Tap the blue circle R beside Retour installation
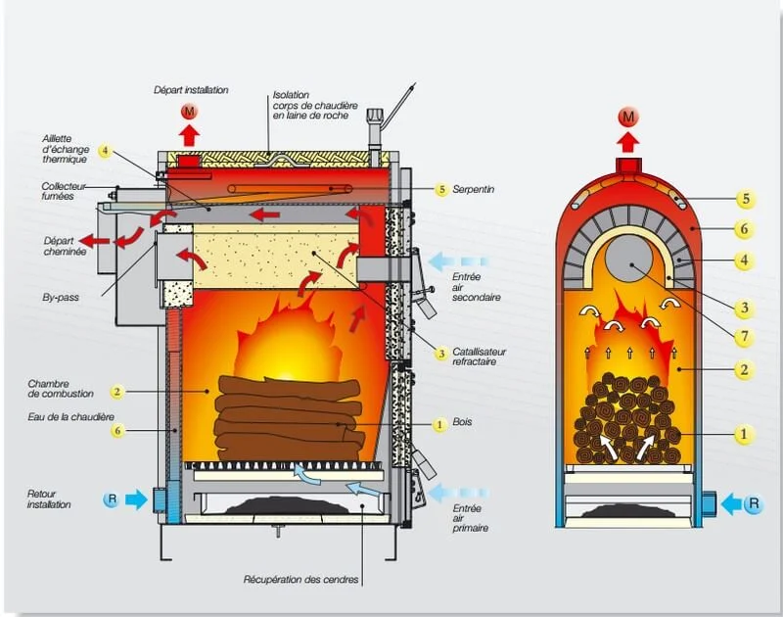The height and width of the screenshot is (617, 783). [x=112, y=500]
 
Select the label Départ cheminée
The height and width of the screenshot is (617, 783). [x=66, y=246]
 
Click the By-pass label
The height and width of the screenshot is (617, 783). [x=62, y=291]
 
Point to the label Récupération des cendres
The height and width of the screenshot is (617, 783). [x=301, y=580]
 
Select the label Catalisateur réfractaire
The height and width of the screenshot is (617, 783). [x=480, y=356]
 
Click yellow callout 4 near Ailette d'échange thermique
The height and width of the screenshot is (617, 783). [x=105, y=152]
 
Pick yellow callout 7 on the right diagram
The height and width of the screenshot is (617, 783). [x=745, y=337]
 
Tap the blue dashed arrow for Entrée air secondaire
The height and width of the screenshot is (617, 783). [x=461, y=261]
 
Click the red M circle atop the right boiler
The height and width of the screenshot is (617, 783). [x=629, y=118]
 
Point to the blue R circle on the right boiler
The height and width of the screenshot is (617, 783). [x=753, y=505]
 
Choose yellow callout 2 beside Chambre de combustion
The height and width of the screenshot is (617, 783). [x=116, y=392]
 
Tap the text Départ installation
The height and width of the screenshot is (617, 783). [x=191, y=90]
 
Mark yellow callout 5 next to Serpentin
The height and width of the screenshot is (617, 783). [x=441, y=189]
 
